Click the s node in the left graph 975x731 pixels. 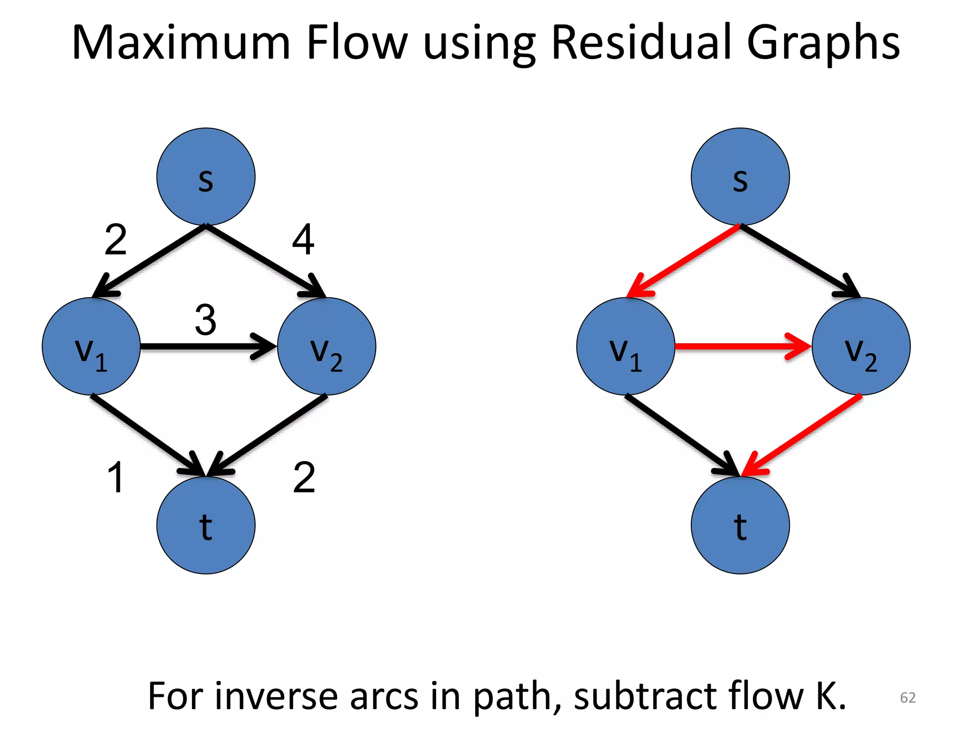click(206, 177)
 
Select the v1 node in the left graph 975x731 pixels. click(91, 346)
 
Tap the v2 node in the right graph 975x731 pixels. click(861, 346)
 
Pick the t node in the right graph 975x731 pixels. click(740, 525)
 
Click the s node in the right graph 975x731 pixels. click(740, 177)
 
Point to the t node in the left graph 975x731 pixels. click(206, 525)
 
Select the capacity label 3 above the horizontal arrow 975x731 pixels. click(206, 320)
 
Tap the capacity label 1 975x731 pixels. click(116, 477)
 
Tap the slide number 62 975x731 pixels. click(907, 698)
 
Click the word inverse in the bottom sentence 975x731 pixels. click(276, 696)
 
